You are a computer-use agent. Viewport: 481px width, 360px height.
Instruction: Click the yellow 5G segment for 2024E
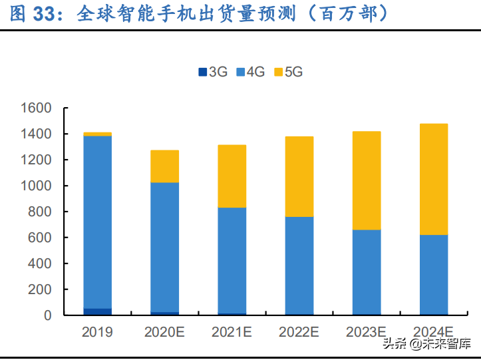click(x=433, y=179)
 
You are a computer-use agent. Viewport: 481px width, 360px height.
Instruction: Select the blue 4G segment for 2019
click(x=97, y=222)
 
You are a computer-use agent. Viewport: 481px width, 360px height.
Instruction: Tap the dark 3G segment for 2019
click(x=97, y=311)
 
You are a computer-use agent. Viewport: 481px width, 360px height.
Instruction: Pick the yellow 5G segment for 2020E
click(x=164, y=166)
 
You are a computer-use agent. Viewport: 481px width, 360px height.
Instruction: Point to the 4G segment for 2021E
click(x=232, y=260)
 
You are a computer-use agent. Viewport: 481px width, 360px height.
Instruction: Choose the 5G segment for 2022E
click(x=299, y=176)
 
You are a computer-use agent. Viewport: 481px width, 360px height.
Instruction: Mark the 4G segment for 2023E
click(x=366, y=271)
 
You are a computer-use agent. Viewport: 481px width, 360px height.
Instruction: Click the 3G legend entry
click(x=213, y=72)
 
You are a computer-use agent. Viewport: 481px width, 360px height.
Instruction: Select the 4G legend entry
click(x=251, y=72)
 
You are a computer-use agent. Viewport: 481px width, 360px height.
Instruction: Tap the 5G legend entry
click(x=288, y=72)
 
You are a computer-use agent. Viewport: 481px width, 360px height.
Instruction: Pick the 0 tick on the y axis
click(x=48, y=315)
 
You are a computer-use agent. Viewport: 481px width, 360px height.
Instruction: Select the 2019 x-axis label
click(x=97, y=331)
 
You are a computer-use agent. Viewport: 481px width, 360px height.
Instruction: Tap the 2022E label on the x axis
click(x=299, y=331)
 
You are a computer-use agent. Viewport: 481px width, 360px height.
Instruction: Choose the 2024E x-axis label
click(x=433, y=331)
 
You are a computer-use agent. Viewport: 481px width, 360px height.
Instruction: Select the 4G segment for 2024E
click(x=433, y=274)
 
